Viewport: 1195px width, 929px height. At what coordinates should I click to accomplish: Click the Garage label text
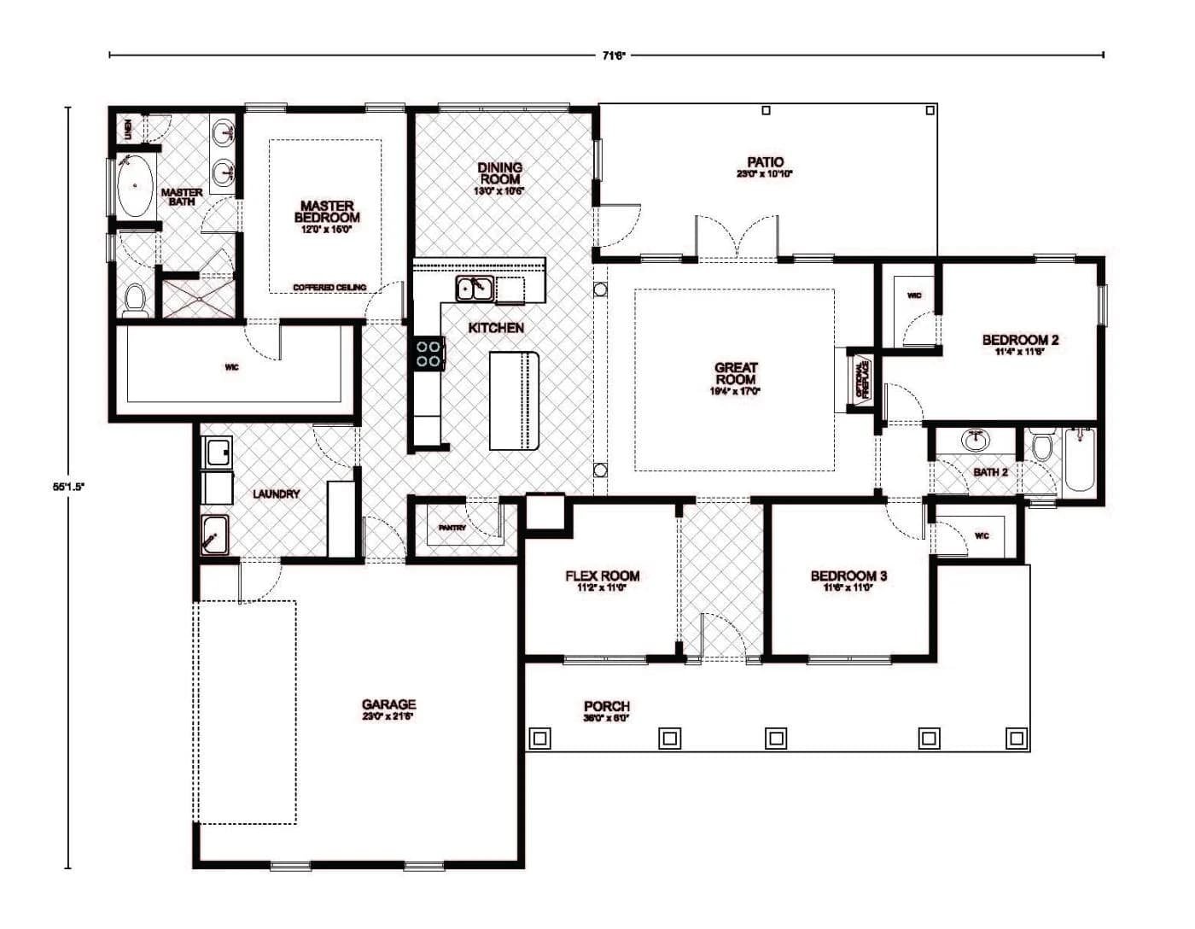coord(388,705)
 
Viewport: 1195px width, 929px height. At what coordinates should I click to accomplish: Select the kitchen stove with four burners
coord(428,353)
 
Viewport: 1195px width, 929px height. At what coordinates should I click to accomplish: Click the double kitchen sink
coord(474,289)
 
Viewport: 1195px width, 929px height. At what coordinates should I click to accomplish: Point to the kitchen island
coord(515,400)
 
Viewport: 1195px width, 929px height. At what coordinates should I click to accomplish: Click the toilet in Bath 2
coord(1041,447)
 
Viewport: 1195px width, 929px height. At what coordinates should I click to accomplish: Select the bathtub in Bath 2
coord(1080,460)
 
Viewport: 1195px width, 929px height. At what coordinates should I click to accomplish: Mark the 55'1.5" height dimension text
coord(68,486)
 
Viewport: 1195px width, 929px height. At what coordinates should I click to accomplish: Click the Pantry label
coord(452,528)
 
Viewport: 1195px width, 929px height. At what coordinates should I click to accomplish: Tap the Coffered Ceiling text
coord(329,287)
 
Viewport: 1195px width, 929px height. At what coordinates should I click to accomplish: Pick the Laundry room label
coord(276,494)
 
